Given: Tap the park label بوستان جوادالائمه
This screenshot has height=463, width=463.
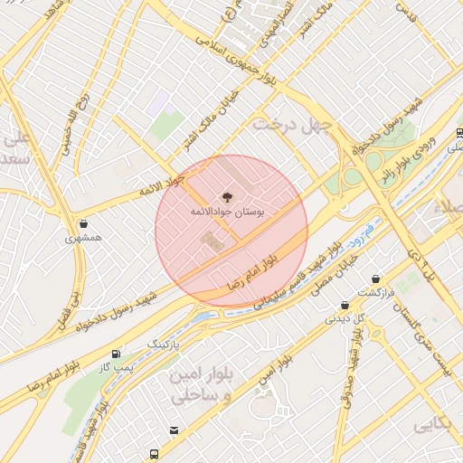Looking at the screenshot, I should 226,211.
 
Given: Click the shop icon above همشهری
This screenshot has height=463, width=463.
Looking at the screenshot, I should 84,223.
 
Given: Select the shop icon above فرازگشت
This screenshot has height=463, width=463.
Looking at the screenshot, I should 375,279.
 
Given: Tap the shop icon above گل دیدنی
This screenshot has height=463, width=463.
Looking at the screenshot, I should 345,306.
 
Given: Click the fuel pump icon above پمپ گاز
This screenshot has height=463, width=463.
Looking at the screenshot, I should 115,354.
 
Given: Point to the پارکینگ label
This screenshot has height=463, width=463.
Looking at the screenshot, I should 164,345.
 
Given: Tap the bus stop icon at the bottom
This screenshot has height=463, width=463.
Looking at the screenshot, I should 155,452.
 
